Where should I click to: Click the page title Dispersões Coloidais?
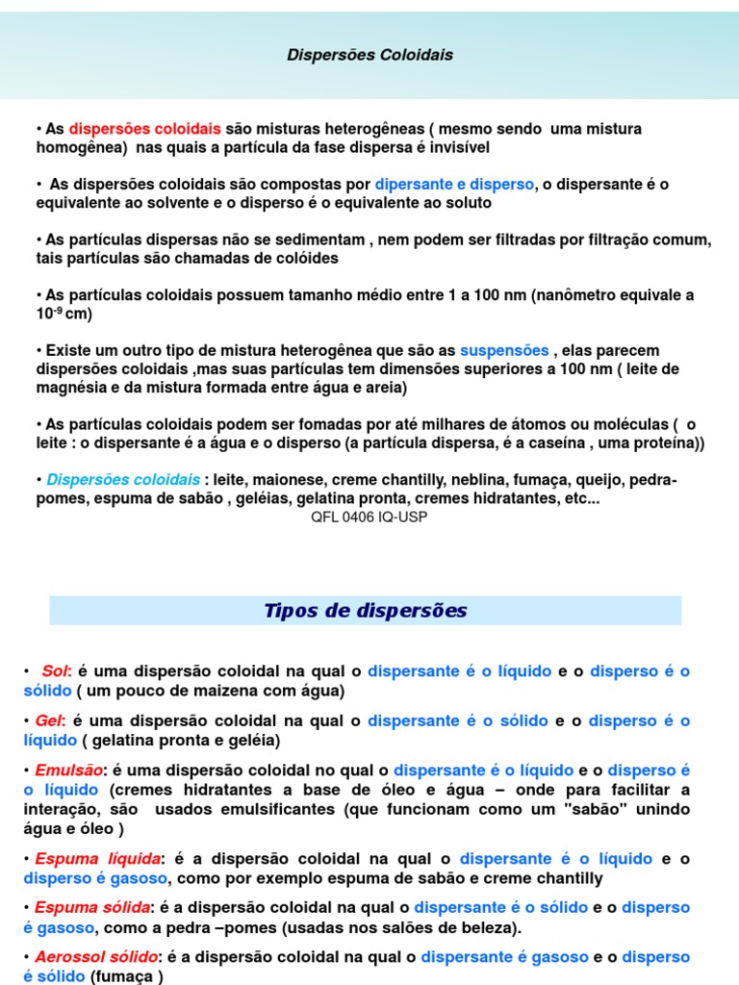[x=369, y=56]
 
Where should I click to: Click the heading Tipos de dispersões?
[x=365, y=611]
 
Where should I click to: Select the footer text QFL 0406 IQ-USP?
[x=369, y=517]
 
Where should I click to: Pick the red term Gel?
[x=47, y=720]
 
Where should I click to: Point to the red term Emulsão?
[x=68, y=770]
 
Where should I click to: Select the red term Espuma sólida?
[x=92, y=907]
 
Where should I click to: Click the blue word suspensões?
[x=504, y=350]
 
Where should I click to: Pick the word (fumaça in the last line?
[x=123, y=976]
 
